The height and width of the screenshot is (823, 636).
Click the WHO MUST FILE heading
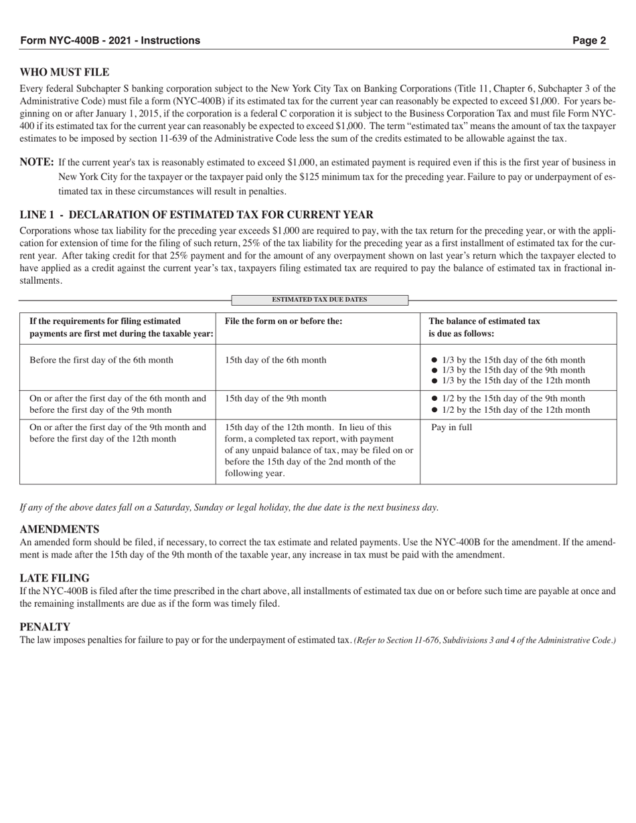pyautogui.click(x=64, y=72)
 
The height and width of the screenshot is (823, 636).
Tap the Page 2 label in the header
pyautogui.click(x=589, y=40)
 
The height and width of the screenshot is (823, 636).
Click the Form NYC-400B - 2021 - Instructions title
pyautogui.click(x=110, y=40)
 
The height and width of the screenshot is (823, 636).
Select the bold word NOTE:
pyautogui.click(x=37, y=162)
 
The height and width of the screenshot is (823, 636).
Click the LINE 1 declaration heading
pyautogui.click(x=196, y=215)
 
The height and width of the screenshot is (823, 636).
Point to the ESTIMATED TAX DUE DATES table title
pyautogui.click(x=319, y=300)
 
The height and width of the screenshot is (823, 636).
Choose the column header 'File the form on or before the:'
pyautogui.click(x=283, y=321)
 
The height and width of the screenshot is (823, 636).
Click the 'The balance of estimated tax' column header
pyautogui.click(x=484, y=321)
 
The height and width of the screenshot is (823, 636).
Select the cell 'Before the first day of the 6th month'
pyautogui.click(x=101, y=360)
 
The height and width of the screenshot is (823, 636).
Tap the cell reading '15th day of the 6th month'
pyautogui.click(x=276, y=360)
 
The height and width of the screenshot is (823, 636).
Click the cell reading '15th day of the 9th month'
pyautogui.click(x=276, y=399)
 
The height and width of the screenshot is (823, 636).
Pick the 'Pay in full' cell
pyautogui.click(x=451, y=427)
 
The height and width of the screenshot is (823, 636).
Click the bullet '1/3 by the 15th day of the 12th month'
pyautogui.click(x=516, y=381)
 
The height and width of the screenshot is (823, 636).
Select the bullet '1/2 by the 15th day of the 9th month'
pyautogui.click(x=513, y=399)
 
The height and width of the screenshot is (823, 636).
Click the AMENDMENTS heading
pyautogui.click(x=60, y=529)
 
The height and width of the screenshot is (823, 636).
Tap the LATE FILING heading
pyautogui.click(x=54, y=577)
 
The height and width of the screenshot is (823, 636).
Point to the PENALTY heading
pyautogui.click(x=45, y=626)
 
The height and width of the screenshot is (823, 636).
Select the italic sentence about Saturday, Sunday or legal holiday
pyautogui.click(x=229, y=507)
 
